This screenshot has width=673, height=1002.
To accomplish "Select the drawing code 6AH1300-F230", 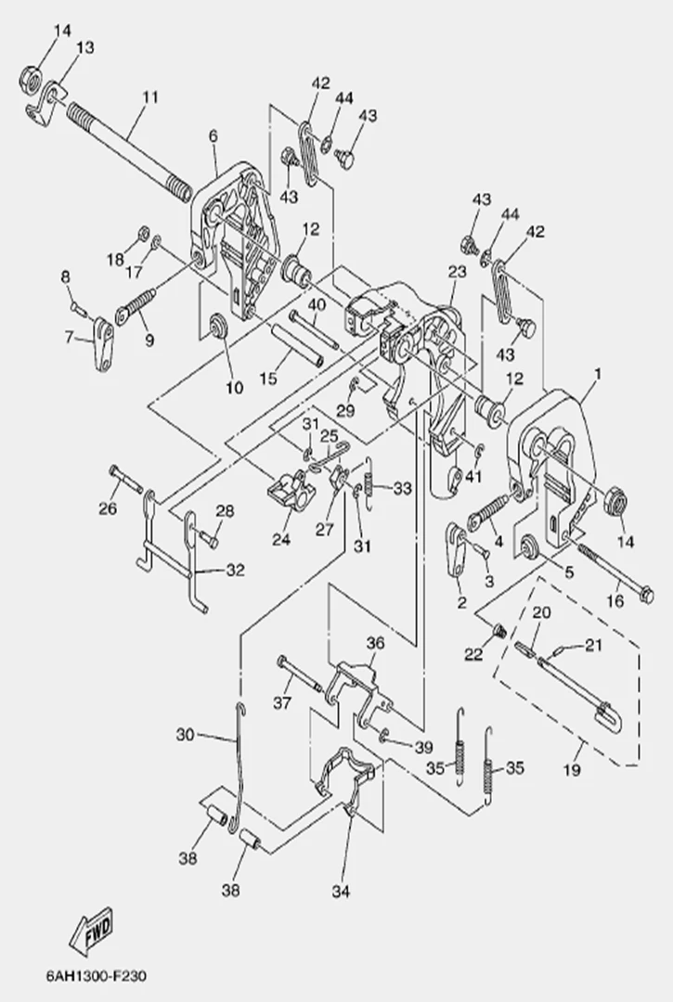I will click(x=96, y=976).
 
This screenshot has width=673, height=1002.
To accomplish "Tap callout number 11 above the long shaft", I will click(x=150, y=96).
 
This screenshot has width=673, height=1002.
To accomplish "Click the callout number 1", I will click(x=598, y=375).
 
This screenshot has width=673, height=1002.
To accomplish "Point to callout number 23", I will click(x=455, y=272).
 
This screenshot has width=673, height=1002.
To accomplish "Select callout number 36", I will click(x=374, y=641).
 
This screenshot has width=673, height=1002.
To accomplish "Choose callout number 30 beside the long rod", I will click(x=185, y=735).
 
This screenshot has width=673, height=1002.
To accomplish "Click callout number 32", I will click(x=236, y=571).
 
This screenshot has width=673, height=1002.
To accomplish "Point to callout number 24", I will click(x=280, y=539).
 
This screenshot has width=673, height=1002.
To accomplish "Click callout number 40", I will click(x=316, y=304).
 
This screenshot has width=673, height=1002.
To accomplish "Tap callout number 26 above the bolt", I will click(x=108, y=507).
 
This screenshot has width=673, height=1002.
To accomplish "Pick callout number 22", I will click(x=473, y=655).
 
